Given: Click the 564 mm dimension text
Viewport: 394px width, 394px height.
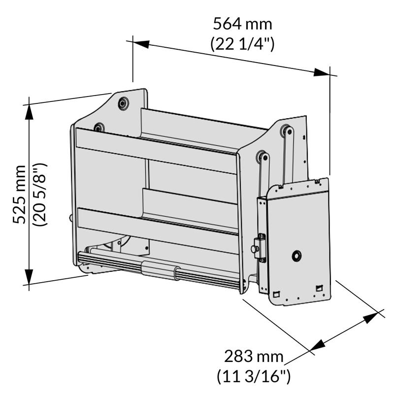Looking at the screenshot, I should pos(242,24).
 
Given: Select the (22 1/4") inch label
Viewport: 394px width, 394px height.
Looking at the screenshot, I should pos(242,44).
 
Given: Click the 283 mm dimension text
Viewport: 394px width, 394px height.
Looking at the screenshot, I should pos(254,356).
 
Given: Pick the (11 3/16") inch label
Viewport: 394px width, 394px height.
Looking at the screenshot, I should pos(254,377).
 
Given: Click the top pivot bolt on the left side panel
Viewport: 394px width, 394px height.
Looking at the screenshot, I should pos(123,103).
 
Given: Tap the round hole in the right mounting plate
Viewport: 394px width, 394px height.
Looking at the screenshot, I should pos(296,256).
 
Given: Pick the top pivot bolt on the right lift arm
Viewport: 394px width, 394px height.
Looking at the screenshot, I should pos(285,131).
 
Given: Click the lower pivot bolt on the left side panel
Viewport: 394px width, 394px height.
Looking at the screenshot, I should pos(99,128).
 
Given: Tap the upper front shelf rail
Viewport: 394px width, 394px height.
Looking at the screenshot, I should pos(156,151).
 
